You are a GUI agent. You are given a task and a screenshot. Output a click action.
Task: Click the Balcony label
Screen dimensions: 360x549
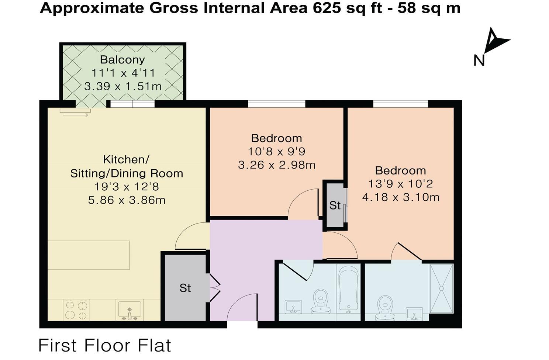[x=122, y=59]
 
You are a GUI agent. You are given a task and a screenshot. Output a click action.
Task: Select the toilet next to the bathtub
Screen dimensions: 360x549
[x=321, y=301]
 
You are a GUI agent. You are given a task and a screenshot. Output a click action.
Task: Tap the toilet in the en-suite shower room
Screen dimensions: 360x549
[x=384, y=308]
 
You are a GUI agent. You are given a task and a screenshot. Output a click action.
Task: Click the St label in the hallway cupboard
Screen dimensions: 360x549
[x=185, y=288]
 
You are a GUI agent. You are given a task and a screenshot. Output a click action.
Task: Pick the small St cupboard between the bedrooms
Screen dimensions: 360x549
[x=335, y=205]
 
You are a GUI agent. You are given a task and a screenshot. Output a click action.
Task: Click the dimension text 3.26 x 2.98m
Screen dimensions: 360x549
[x=277, y=165]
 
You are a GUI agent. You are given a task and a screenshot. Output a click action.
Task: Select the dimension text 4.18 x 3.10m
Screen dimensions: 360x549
[x=401, y=197]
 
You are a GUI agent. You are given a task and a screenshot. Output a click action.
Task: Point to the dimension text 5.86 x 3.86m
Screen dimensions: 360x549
[x=127, y=200]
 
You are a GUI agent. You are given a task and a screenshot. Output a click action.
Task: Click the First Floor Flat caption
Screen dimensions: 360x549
[x=105, y=346]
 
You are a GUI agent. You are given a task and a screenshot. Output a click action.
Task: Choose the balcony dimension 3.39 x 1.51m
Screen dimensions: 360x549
[x=123, y=87]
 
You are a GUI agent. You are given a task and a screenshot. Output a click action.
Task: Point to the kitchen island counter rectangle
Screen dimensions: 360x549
[x=89, y=255]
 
